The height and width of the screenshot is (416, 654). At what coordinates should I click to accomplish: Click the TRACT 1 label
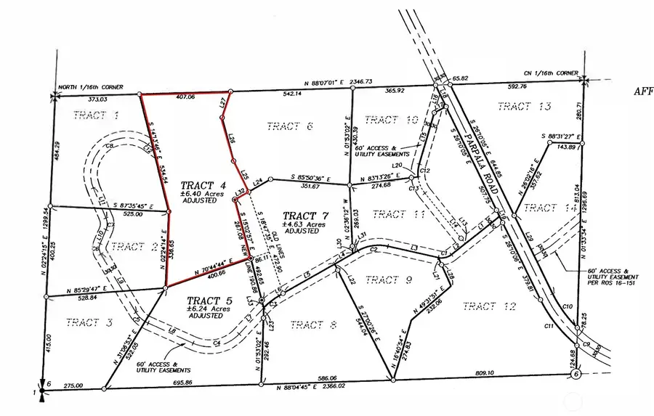(x=96, y=115)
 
